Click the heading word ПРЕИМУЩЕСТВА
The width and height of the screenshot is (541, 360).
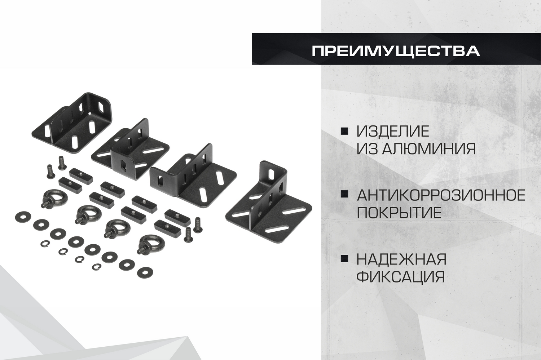[396, 51]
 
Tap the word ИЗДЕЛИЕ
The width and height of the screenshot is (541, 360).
[393, 131]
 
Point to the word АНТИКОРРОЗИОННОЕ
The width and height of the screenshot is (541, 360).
[441, 195]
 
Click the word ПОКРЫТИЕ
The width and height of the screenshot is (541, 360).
[399, 212]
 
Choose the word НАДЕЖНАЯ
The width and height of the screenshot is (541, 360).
[402, 259]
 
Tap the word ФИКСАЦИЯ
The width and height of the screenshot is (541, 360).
[401, 276]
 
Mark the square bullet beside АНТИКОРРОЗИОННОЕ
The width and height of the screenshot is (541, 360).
[344, 195]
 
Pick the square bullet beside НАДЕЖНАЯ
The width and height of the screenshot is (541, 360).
[344, 258]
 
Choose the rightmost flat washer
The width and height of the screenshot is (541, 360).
[145, 272]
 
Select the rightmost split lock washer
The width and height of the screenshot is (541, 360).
[97, 266]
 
